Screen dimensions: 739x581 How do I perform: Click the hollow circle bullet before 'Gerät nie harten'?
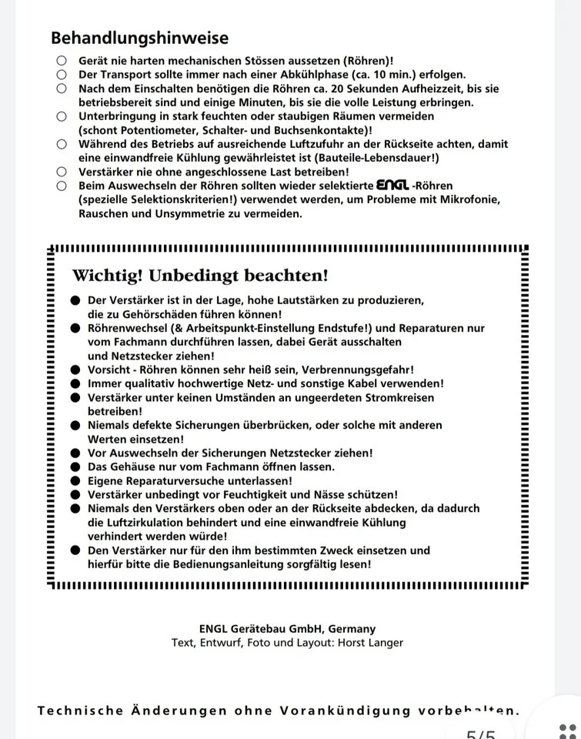(x=61, y=61)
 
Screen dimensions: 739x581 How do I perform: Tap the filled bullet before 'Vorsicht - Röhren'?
(x=75, y=369)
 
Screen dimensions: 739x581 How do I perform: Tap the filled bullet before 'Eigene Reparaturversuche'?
(x=75, y=480)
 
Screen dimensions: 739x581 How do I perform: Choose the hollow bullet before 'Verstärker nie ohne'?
(x=61, y=172)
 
